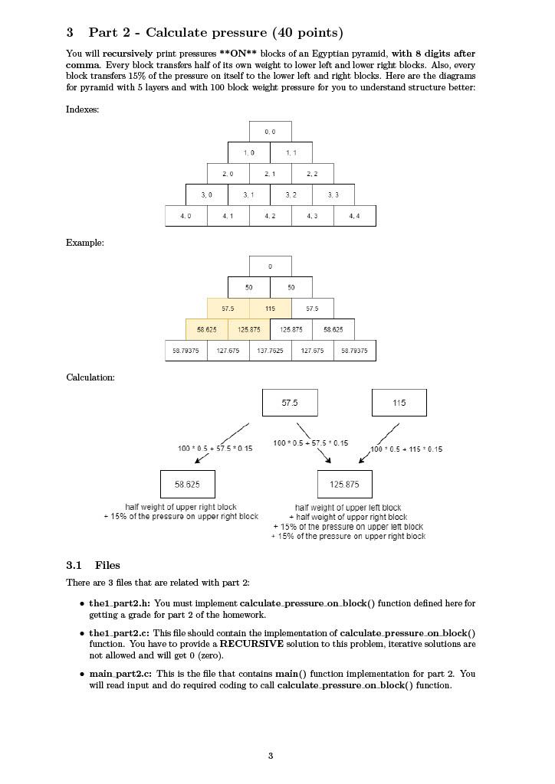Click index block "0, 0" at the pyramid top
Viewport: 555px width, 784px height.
(270, 132)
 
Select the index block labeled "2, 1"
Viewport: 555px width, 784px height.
(270, 174)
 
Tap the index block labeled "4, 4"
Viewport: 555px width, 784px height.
(354, 216)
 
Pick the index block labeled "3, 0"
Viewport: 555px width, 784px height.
(207, 194)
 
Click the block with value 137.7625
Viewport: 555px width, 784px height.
(270, 351)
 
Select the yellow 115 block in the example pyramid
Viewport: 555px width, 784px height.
(270, 309)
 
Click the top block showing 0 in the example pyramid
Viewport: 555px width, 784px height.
(270, 266)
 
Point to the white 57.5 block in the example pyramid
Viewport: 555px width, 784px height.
(312, 309)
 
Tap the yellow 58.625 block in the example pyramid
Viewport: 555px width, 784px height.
(207, 329)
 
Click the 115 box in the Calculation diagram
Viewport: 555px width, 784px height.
(399, 403)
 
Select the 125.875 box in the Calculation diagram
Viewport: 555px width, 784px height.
(344, 484)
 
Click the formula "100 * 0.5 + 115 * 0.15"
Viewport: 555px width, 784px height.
(406, 449)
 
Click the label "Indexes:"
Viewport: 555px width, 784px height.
(82, 109)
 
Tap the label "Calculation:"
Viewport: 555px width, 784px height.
(90, 377)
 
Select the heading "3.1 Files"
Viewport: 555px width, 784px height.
(93, 565)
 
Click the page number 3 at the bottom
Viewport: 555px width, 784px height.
(271, 756)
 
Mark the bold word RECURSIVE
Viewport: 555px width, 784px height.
(251, 644)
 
